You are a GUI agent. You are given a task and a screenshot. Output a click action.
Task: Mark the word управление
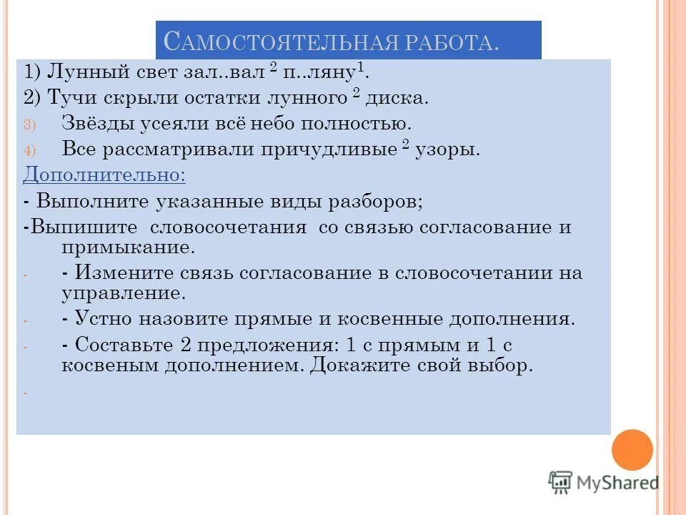point(123,293)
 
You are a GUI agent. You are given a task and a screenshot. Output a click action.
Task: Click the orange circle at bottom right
point(632,450)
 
